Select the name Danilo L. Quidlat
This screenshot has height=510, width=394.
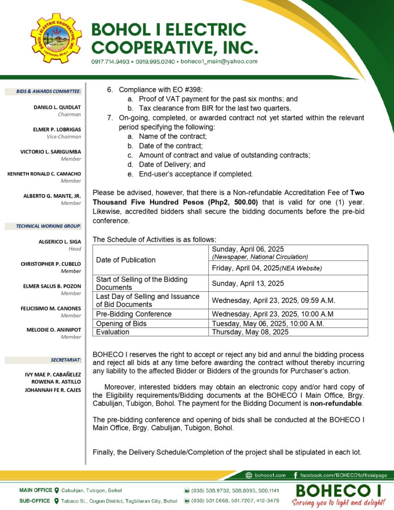tap(57, 107)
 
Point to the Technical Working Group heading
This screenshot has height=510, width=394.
tap(48, 226)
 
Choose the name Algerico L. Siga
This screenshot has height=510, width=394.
tap(60, 242)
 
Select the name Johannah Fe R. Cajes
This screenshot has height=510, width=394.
tap(53, 390)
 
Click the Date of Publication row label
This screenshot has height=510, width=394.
tap(126, 260)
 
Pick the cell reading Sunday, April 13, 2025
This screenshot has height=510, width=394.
tap(248, 283)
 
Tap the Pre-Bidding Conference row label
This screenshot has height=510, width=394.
tap(133, 314)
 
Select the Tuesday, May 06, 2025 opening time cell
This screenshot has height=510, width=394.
tap(268, 323)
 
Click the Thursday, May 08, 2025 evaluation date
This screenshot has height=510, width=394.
tap(250, 332)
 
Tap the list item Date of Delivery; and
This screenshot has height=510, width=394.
tap(172, 164)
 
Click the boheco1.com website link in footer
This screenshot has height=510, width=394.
tap(269, 475)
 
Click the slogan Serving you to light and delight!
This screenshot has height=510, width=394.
tap(338, 502)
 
